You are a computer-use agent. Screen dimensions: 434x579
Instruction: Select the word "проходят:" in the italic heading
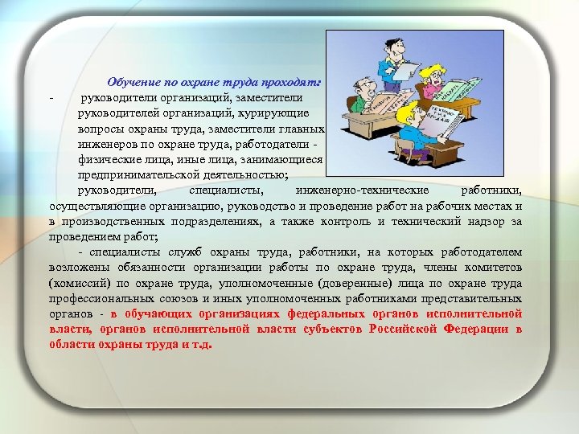[295, 82]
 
